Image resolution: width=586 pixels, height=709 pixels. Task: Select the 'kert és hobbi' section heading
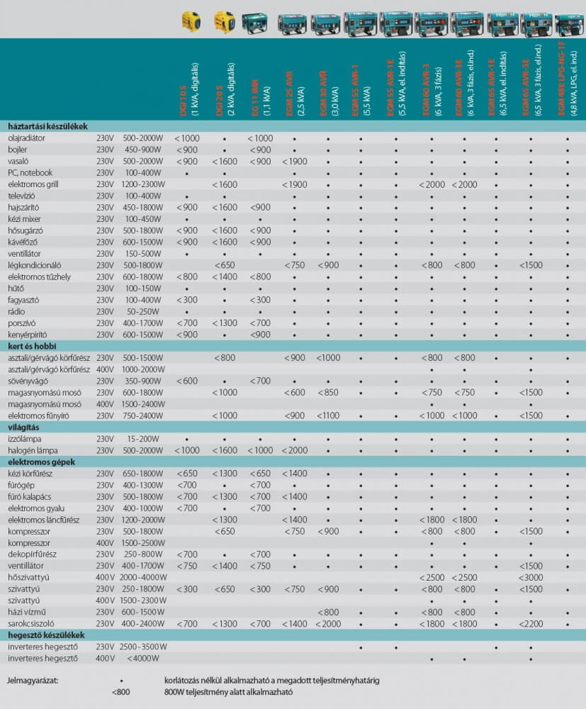pos(32,346)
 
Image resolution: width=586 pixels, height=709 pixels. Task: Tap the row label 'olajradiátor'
pos(27,138)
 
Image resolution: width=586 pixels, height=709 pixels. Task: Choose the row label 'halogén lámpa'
pos(33,450)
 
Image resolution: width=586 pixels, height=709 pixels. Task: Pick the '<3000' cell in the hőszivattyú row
pos(531,577)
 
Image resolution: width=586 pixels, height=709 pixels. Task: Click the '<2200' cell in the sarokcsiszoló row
pos(531,623)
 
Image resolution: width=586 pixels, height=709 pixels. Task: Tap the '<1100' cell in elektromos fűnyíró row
pos(328,415)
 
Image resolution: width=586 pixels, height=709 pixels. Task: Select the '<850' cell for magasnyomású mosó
pos(328,392)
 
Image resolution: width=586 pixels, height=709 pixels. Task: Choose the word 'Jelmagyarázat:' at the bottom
pos(34,681)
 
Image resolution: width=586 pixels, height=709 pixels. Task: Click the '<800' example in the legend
pos(121,692)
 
